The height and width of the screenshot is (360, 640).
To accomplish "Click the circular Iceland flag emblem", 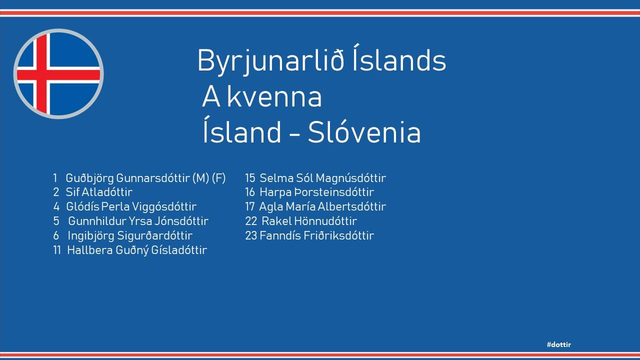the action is pyautogui.click(x=58, y=73).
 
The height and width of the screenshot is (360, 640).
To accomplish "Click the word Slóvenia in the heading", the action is pyautogui.click(x=364, y=131).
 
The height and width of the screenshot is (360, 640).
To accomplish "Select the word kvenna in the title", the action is pyautogui.click(x=274, y=96).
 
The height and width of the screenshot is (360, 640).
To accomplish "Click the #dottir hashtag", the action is pyautogui.click(x=559, y=344).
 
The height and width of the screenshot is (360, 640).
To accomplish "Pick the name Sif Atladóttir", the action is pyautogui.click(x=99, y=192).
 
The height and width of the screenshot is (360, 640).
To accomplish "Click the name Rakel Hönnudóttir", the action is pyautogui.click(x=309, y=221).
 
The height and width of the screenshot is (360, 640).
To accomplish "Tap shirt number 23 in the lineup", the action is pyautogui.click(x=251, y=235).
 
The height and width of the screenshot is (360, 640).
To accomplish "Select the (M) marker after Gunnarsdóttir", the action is pyautogui.click(x=201, y=178).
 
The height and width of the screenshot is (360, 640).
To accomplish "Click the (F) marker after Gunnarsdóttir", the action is pyautogui.click(x=219, y=178).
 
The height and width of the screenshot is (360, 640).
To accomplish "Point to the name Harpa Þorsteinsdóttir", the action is pyautogui.click(x=316, y=192).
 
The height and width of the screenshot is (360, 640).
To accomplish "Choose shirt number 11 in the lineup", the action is pyautogui.click(x=57, y=250).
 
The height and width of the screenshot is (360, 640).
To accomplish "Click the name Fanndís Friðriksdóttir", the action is pyautogui.click(x=317, y=235).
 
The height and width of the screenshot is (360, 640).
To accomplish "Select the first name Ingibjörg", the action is pyautogui.click(x=91, y=236).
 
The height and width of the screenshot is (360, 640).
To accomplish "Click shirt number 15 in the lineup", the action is pyautogui.click(x=250, y=178).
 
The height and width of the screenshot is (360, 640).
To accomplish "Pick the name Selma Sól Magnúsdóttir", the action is pyautogui.click(x=322, y=178).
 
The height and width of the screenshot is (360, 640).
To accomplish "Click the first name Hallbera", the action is pyautogui.click(x=90, y=250).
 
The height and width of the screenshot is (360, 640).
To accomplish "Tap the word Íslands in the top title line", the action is pyautogui.click(x=399, y=58).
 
